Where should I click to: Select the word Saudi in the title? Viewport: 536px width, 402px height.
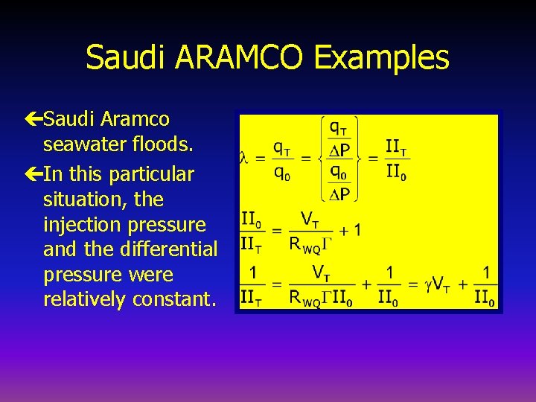[124, 57]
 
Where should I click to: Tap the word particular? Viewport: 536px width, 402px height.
[151, 175]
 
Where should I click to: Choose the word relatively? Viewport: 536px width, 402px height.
[85, 299]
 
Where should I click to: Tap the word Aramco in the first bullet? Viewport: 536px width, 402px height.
[135, 119]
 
